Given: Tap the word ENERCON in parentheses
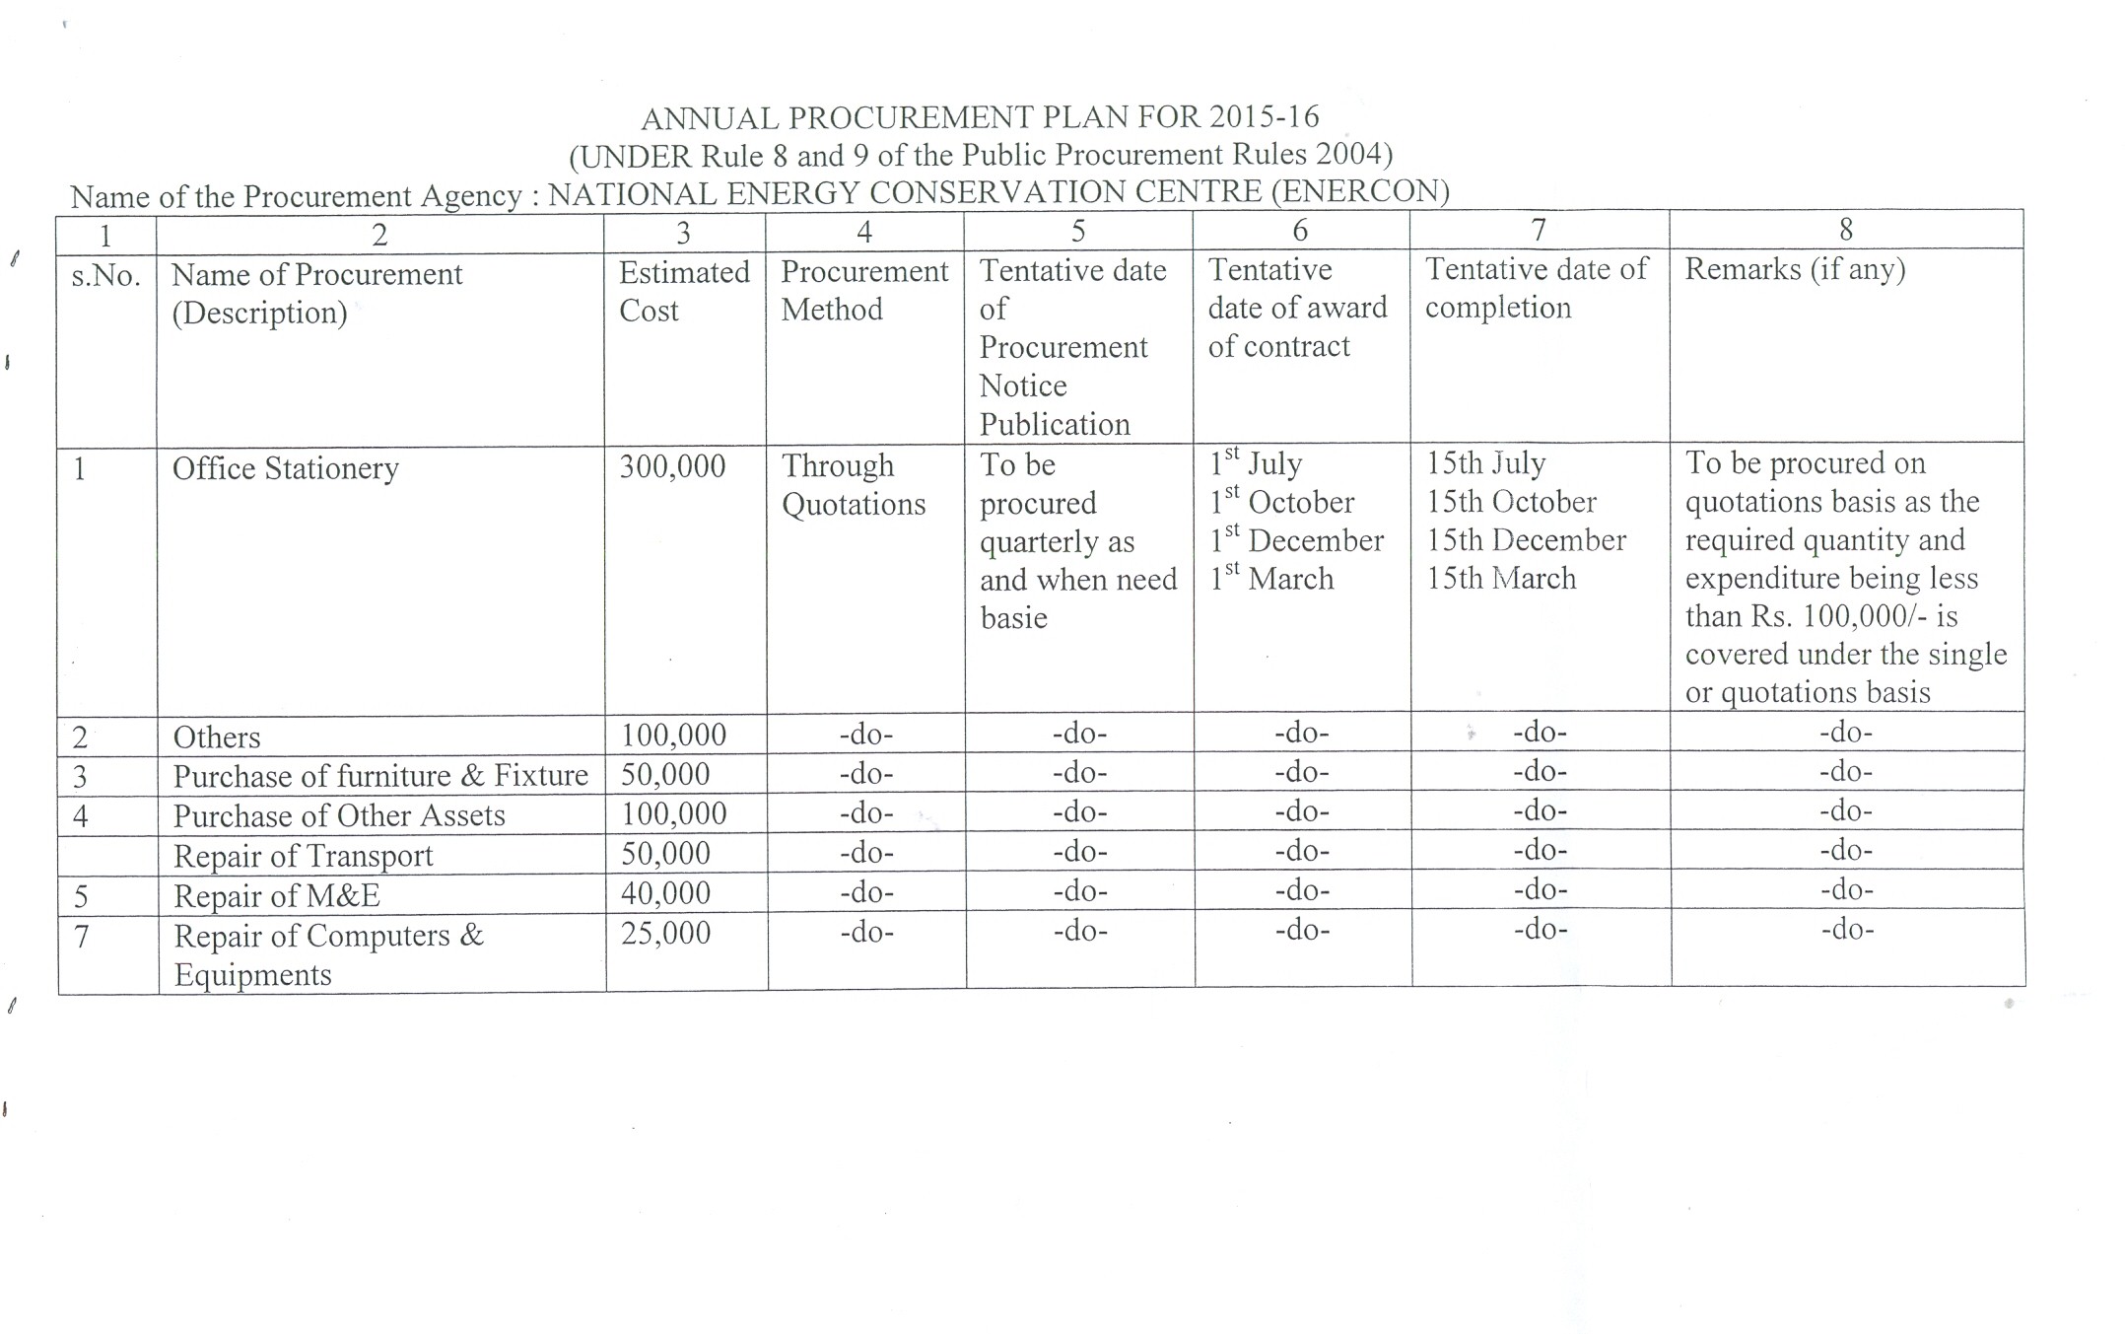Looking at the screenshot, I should tap(1359, 190).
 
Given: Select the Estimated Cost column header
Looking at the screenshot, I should tap(684, 291).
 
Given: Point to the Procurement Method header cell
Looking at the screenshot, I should tap(864, 290).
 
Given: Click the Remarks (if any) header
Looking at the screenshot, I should tap(1795, 269).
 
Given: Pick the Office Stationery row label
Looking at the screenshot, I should tap(286, 468).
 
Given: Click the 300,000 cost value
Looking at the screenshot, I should tap(672, 466).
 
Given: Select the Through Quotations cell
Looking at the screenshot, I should tap(854, 484).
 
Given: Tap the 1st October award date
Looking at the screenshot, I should tap(1282, 502).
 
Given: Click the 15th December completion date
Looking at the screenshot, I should tap(1526, 540).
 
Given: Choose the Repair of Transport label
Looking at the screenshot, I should tap(304, 856).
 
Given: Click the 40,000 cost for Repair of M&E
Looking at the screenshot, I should tap(665, 893).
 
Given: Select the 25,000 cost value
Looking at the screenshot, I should tap(665, 933).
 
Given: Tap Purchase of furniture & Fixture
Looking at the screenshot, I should tap(380, 776).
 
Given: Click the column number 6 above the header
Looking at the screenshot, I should tap(1300, 231).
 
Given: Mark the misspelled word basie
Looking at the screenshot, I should tap(1013, 618).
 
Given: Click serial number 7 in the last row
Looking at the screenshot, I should tap(83, 936).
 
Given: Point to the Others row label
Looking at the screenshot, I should tap(217, 737).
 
